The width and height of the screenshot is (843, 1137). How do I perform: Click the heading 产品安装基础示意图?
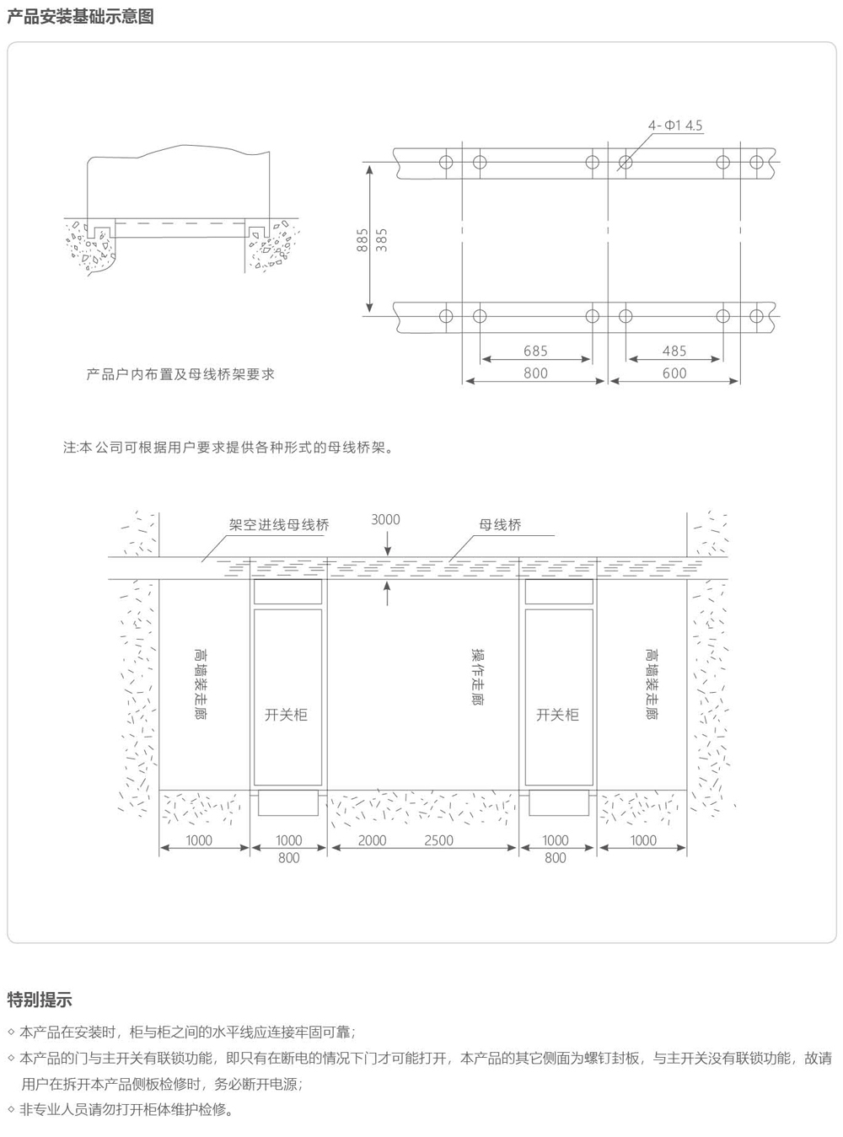pos(80,16)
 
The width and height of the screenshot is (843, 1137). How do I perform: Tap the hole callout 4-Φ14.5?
pos(674,126)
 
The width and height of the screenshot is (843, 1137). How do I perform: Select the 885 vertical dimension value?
pos(362,239)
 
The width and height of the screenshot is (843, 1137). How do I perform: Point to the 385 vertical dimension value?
pos(382,239)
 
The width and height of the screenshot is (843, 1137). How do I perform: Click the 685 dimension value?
pos(535,351)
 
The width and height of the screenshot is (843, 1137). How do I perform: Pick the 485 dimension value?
pos(674,351)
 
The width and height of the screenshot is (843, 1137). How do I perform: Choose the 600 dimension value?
pos(674,373)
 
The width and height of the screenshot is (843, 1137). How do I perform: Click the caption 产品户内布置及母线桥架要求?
pos(180,374)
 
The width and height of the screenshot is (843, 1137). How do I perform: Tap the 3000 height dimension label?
pos(385,519)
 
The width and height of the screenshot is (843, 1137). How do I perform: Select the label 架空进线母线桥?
pos(279,525)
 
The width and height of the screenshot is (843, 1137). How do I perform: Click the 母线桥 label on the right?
pos(500,525)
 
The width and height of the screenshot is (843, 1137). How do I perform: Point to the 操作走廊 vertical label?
pos(479,677)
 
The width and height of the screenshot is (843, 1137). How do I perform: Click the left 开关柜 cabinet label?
pos(286,715)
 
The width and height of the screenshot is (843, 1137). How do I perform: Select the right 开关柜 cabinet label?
pos(557,715)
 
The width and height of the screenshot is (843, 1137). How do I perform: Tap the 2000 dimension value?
pos(372,840)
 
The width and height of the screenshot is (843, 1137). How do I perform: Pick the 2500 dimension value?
pos(438,840)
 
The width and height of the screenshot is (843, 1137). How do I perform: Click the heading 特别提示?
pos(40,999)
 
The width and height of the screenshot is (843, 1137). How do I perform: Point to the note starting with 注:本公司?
pos(228,448)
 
